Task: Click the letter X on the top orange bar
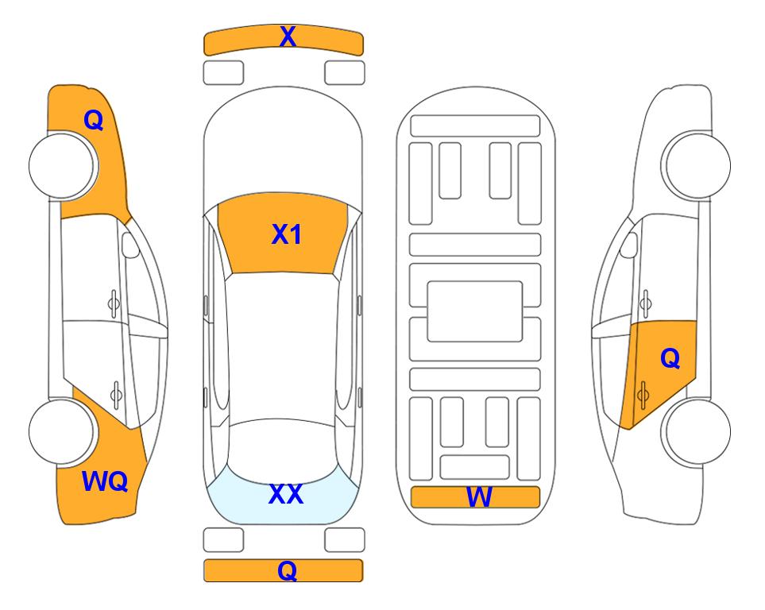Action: [x=288, y=37]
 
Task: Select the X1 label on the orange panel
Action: [x=287, y=234]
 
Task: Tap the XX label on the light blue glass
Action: [x=286, y=494]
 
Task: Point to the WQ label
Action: [x=105, y=481]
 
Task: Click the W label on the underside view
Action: [x=479, y=497]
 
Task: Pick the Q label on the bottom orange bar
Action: [x=288, y=570]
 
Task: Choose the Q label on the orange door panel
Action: [x=670, y=359]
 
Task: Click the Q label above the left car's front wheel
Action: [x=94, y=120]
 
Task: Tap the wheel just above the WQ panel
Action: [x=62, y=431]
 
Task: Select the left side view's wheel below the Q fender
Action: [x=62, y=166]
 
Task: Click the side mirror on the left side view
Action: [x=130, y=245]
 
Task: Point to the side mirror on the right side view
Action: [x=629, y=245]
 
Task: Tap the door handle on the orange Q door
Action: [x=643, y=395]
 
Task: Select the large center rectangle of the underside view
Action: [x=475, y=311]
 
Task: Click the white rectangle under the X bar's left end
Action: [x=223, y=73]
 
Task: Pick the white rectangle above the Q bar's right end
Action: [x=345, y=540]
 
